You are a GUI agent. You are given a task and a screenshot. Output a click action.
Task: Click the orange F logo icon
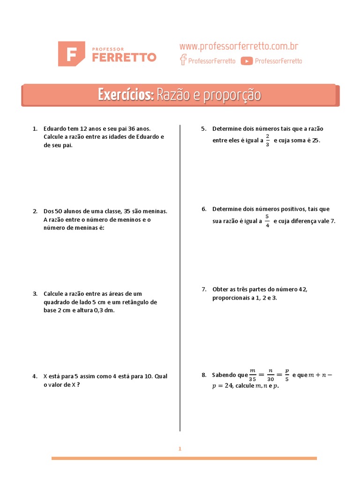coord(71,53)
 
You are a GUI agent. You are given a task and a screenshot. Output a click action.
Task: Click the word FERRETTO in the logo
coord(124,57)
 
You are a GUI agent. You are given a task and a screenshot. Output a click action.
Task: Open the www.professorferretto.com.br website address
coord(239,46)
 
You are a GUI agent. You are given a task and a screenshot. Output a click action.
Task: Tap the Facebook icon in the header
coord(183,60)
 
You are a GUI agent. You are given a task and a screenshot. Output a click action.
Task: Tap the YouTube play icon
coord(247,61)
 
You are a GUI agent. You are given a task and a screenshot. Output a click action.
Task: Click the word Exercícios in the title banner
coord(125,95)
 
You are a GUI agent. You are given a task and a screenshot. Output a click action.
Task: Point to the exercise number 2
coord(35,211)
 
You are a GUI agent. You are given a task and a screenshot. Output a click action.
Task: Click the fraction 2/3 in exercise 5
coord(268,140)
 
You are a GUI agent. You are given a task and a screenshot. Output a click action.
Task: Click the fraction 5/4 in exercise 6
coord(267,221)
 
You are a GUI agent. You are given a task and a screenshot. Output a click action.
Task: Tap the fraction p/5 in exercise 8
coord(287,375)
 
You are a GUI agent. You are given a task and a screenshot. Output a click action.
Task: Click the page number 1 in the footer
coord(180,449)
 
